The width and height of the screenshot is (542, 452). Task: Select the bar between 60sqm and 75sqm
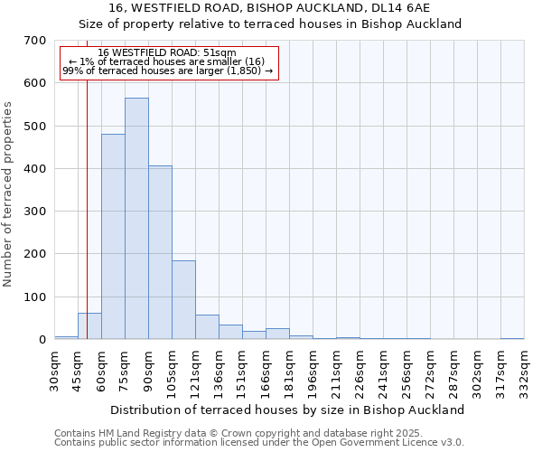click(113, 237)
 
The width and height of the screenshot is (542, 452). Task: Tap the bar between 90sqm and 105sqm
click(160, 252)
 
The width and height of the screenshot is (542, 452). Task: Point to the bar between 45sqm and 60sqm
click(89, 326)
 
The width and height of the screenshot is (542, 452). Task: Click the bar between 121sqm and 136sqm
click(207, 327)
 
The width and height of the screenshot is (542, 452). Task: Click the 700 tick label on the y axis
click(35, 41)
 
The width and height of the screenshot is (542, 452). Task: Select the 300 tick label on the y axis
click(35, 212)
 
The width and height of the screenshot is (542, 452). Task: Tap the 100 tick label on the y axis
click(35, 297)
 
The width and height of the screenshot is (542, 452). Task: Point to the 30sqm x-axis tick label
click(55, 369)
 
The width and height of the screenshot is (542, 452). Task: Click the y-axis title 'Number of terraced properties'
click(9, 194)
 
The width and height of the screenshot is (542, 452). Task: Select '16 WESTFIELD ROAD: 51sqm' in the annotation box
click(167, 53)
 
